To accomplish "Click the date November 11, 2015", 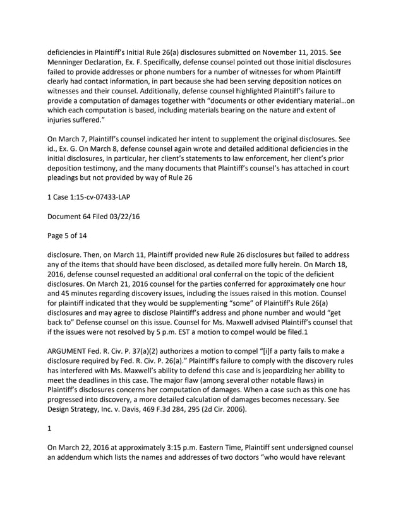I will tap(313, 52).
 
